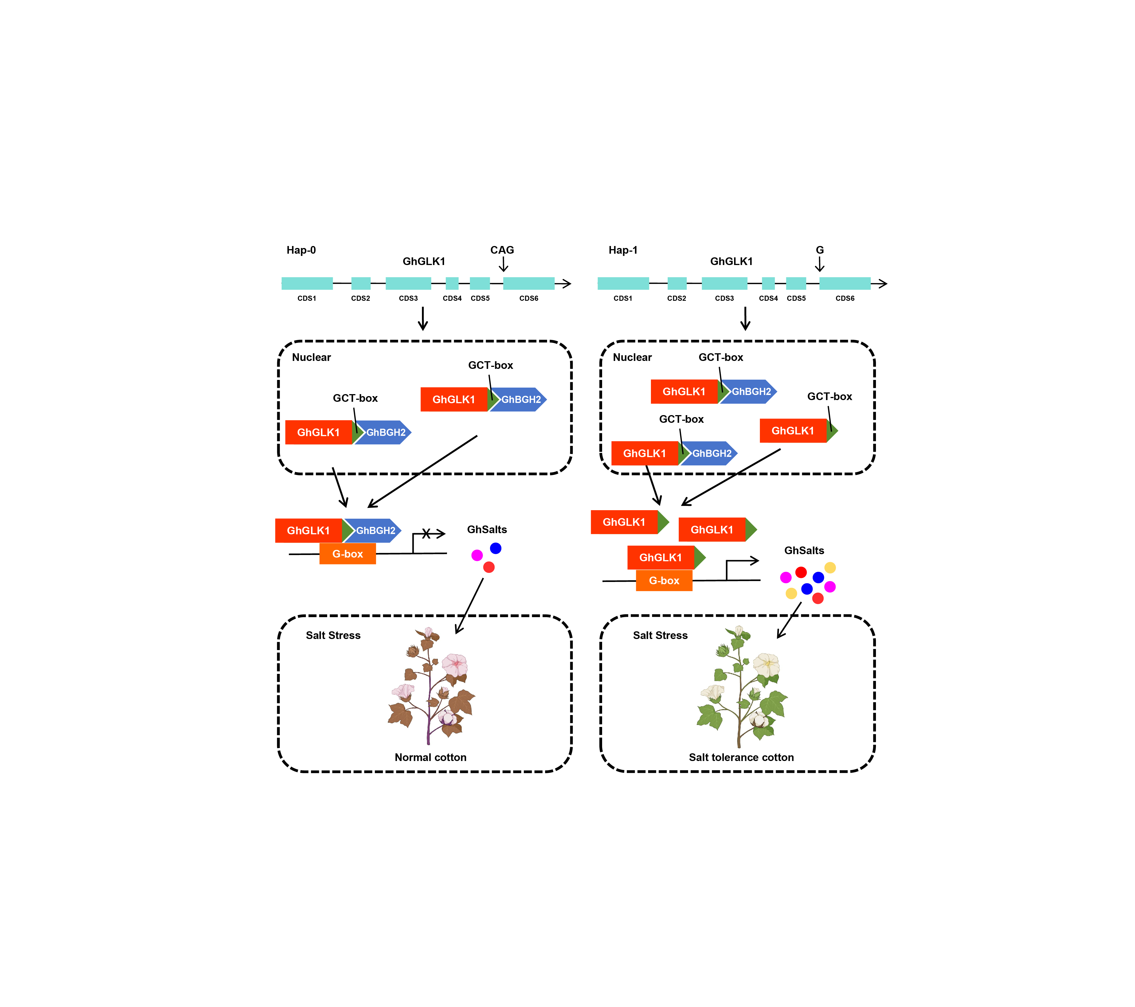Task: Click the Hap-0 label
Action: point(301,250)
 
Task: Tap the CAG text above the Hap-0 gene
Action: point(502,250)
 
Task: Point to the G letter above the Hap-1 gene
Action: point(819,250)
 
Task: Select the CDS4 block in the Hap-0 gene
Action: point(452,284)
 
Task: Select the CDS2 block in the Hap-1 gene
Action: point(677,284)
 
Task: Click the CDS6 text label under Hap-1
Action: point(845,299)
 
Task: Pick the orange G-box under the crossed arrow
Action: point(348,554)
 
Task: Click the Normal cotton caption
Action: point(430,758)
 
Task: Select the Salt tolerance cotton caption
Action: point(741,758)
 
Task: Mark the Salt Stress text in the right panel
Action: point(660,636)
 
